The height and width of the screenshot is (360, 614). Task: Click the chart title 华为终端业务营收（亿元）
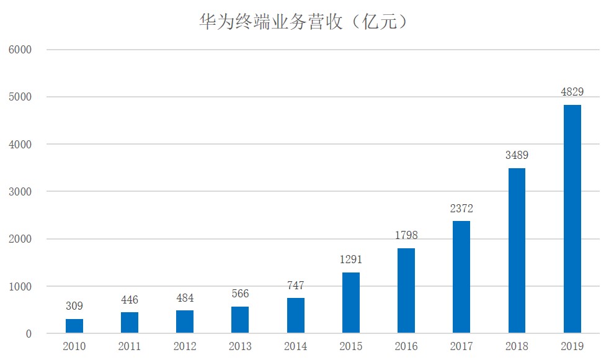point(303,22)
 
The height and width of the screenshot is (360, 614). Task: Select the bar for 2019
point(572,218)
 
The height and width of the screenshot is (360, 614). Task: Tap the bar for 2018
point(517,251)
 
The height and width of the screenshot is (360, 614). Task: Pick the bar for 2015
point(350,302)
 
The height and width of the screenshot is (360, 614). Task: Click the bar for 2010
point(74,326)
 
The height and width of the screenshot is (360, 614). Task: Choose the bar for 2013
point(240,320)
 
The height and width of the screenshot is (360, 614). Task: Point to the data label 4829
point(572,92)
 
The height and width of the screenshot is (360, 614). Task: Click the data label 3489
point(517,156)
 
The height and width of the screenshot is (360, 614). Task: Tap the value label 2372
point(461,209)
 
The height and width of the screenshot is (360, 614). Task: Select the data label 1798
point(406,236)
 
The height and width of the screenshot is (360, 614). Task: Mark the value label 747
point(295,286)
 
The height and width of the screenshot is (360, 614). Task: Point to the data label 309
point(74,306)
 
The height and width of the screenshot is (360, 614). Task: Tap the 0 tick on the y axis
point(28,334)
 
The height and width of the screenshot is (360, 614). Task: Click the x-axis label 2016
point(406,346)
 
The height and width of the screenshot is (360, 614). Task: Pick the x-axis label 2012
point(185,346)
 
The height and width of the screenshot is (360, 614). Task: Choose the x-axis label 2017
point(461,346)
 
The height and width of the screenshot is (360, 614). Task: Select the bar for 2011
point(130,323)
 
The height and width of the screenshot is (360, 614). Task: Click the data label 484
point(185,298)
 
